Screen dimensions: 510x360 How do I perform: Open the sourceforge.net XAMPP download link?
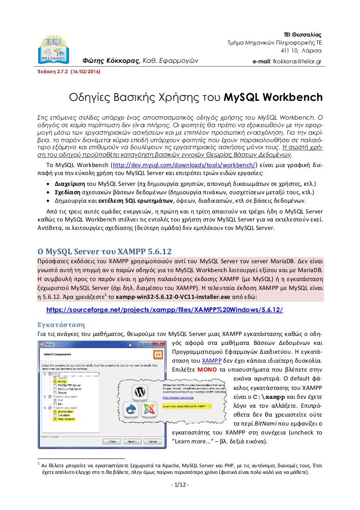point(165,311)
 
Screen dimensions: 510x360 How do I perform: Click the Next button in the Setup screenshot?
point(132,441)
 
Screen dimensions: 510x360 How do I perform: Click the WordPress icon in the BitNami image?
point(139,391)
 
